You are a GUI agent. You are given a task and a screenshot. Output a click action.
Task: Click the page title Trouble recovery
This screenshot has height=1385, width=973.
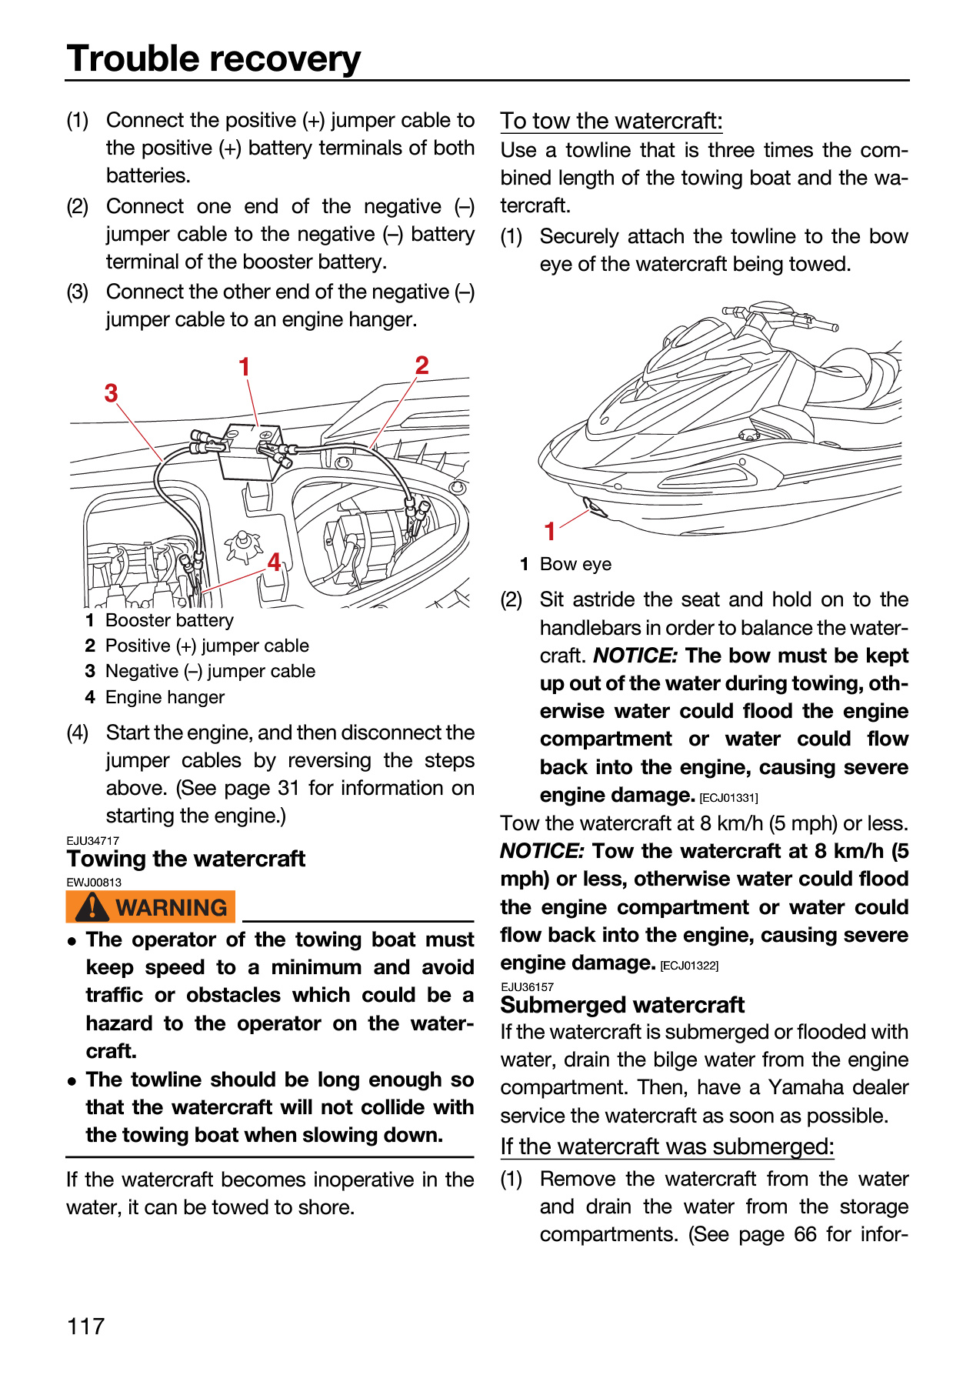[x=213, y=58]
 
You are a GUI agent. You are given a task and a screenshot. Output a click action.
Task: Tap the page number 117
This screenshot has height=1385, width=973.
[x=85, y=1327]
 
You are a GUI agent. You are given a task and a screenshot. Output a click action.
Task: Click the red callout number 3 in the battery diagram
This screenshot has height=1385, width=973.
[x=112, y=393]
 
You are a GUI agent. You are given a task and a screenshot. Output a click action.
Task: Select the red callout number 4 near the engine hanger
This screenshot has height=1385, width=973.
[x=275, y=562]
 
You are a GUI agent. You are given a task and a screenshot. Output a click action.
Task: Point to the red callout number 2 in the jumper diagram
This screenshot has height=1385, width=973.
[x=422, y=365]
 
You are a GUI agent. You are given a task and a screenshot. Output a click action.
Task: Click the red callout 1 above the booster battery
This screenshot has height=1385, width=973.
[x=245, y=367]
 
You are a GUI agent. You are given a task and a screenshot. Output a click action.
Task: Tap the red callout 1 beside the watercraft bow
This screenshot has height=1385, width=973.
[x=550, y=531]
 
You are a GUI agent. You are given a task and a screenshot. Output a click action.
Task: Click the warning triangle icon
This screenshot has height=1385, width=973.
[x=92, y=906]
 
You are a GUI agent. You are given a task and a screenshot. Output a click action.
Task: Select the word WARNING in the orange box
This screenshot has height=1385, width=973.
[x=172, y=908]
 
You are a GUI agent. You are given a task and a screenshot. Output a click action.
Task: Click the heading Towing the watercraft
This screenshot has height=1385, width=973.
[x=185, y=859]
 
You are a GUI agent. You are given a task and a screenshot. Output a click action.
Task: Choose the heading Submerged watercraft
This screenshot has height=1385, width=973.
[x=622, y=1005]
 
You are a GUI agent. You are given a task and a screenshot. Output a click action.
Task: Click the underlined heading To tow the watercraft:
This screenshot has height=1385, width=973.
[x=611, y=121]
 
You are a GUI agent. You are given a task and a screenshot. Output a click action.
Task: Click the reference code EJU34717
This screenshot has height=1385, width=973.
[x=93, y=841]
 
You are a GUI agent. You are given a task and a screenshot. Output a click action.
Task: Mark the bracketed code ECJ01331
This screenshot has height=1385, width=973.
[x=728, y=798]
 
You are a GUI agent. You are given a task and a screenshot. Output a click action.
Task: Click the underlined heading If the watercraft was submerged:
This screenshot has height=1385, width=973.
[x=667, y=1146]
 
